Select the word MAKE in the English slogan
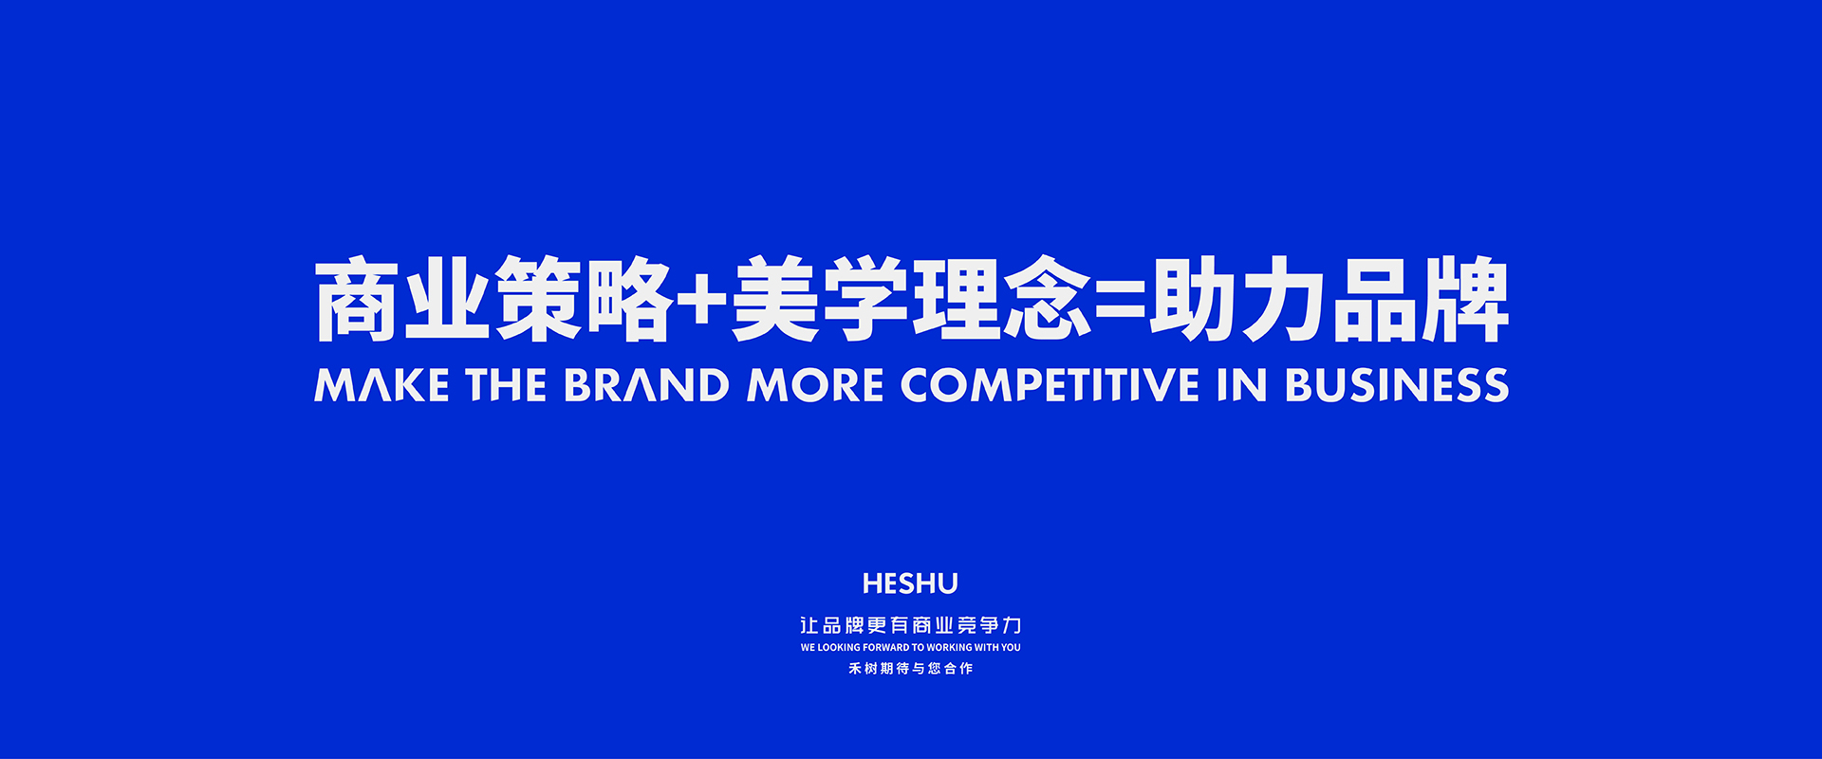point(381,385)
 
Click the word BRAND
point(646,385)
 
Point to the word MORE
point(816,385)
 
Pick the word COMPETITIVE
point(1050,385)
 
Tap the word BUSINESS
point(1397,385)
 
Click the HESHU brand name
point(910,583)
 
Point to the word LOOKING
point(839,647)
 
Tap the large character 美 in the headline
point(775,299)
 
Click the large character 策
point(538,299)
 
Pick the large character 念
point(1047,299)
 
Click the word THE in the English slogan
point(506,385)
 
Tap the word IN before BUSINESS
point(1242,385)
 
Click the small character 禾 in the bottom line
point(855,668)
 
